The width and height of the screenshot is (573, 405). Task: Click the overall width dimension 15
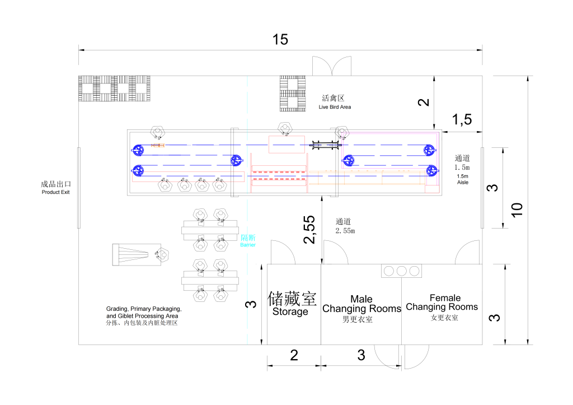point(280,39)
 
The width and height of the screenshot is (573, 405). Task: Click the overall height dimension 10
point(518,210)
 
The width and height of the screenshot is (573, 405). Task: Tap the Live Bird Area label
point(335,103)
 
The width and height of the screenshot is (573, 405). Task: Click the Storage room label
point(290,303)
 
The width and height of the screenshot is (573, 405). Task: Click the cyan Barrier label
point(247,241)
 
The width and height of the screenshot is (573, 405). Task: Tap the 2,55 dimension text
point(309,230)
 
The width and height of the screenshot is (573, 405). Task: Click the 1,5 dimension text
point(462,119)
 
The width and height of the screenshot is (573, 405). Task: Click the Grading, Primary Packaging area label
point(144,316)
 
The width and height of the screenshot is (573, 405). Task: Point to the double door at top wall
point(333,66)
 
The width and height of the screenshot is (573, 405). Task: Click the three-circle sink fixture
point(401,271)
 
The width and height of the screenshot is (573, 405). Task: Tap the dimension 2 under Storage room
point(294,355)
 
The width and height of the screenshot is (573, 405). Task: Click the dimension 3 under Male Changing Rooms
point(361,355)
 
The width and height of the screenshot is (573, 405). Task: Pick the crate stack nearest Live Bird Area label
point(293,94)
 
